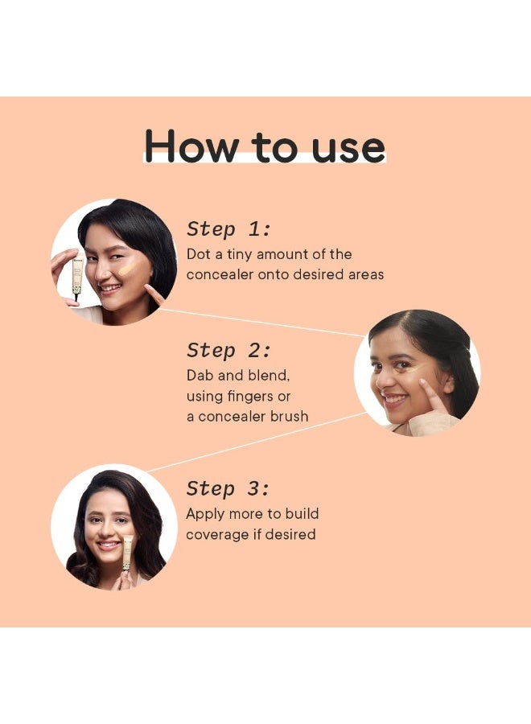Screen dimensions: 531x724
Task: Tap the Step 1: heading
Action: (228, 229)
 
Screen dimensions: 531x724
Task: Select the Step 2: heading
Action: (228, 351)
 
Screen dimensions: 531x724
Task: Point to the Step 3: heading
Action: (228, 488)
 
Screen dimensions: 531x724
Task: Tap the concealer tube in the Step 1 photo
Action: (76, 276)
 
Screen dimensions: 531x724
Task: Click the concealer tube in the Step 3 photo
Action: (127, 554)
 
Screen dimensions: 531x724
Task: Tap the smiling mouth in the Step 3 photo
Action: (109, 545)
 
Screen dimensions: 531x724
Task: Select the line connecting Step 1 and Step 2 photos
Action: (261, 323)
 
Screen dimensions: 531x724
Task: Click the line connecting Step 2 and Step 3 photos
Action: (257, 442)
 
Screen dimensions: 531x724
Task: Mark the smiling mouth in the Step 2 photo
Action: (395, 399)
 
